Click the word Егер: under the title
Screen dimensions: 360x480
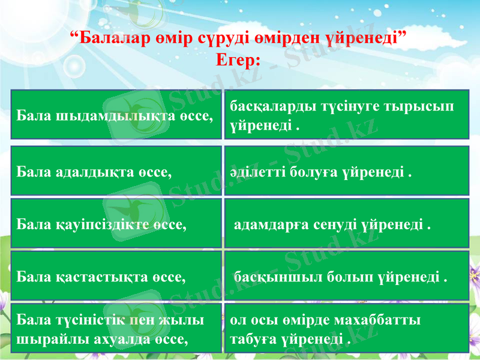click(238, 60)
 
